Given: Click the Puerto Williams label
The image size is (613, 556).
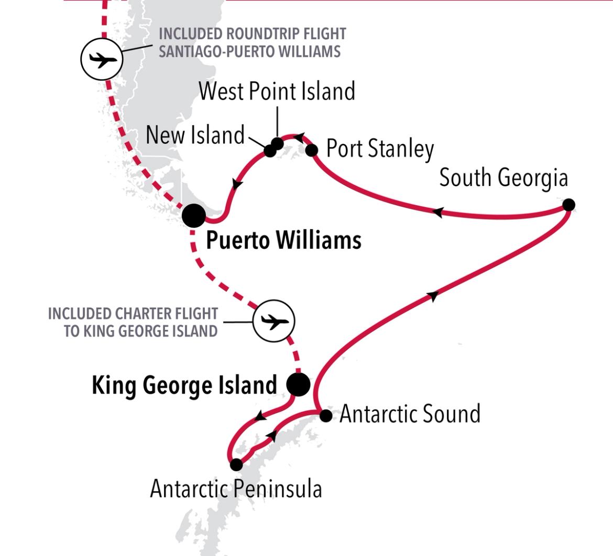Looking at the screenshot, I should pyautogui.click(x=283, y=241).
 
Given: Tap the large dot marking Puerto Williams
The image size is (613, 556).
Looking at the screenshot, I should pyautogui.click(x=194, y=215).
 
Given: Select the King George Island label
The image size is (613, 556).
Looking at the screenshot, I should pyautogui.click(x=184, y=386).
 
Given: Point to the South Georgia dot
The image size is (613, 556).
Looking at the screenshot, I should pyautogui.click(x=568, y=205).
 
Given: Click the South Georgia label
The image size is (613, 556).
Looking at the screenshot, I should pyautogui.click(x=503, y=178).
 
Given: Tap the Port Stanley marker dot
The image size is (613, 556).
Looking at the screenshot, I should pyautogui.click(x=312, y=151).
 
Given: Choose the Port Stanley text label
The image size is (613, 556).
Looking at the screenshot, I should pyautogui.click(x=380, y=149).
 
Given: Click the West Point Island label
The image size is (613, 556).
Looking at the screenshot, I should pyautogui.click(x=277, y=91).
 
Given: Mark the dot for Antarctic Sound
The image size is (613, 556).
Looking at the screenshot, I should pyautogui.click(x=325, y=416).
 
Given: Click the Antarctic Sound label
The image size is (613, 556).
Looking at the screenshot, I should pyautogui.click(x=410, y=414).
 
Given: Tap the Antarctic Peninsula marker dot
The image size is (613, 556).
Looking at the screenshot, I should pyautogui.click(x=236, y=464).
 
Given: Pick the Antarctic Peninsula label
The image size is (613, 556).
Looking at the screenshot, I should pyautogui.click(x=236, y=490).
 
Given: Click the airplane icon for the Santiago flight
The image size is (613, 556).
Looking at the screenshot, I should pyautogui.click(x=102, y=59).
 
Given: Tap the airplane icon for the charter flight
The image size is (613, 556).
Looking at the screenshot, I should pyautogui.click(x=273, y=321).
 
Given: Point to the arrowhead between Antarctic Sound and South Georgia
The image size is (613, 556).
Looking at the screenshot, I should pyautogui.click(x=433, y=296).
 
